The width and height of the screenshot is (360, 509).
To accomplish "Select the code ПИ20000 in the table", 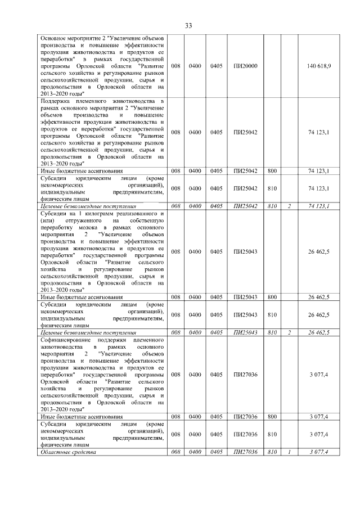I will point(245,66).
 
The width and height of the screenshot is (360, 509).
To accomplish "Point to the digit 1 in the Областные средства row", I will point(289,452).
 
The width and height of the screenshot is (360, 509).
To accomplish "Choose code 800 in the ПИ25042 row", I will point(273,170).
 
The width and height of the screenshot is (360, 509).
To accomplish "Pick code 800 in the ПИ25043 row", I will point(273,296).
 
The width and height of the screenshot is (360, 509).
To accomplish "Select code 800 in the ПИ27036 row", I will point(273,417).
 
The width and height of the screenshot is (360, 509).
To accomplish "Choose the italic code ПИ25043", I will point(245,332).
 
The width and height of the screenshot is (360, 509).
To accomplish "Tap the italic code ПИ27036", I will point(245,452).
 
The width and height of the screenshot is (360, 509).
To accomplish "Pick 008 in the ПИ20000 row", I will point(175,66).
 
